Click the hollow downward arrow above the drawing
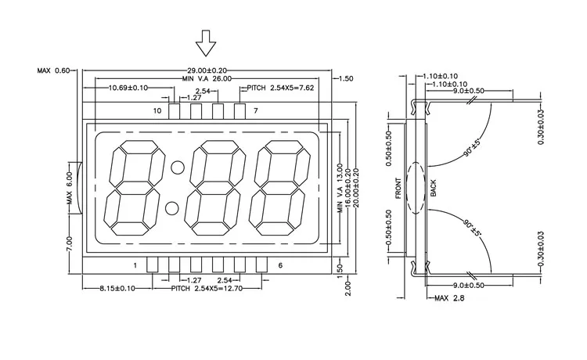207,43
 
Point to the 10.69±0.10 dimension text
130,87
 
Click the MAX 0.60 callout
52,70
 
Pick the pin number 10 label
157,111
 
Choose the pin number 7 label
255,111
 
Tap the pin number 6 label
280,266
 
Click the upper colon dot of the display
178,167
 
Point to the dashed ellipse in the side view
416,186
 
